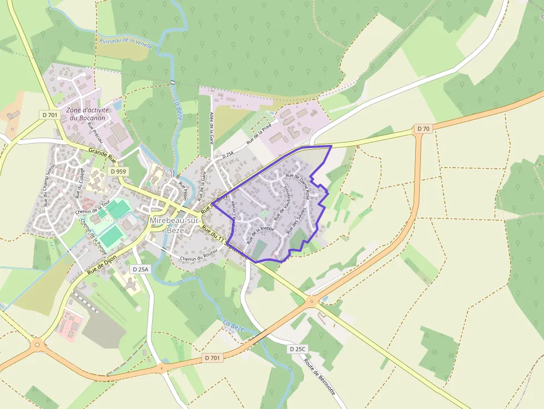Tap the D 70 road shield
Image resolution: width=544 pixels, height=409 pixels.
coord(423,129)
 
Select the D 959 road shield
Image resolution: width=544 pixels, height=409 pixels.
coord(118,171)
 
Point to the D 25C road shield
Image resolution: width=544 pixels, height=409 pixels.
coord(298,349)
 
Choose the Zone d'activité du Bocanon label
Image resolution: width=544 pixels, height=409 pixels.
coord(88,114)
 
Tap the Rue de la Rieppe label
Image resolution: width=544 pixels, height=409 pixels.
coord(260,235)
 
